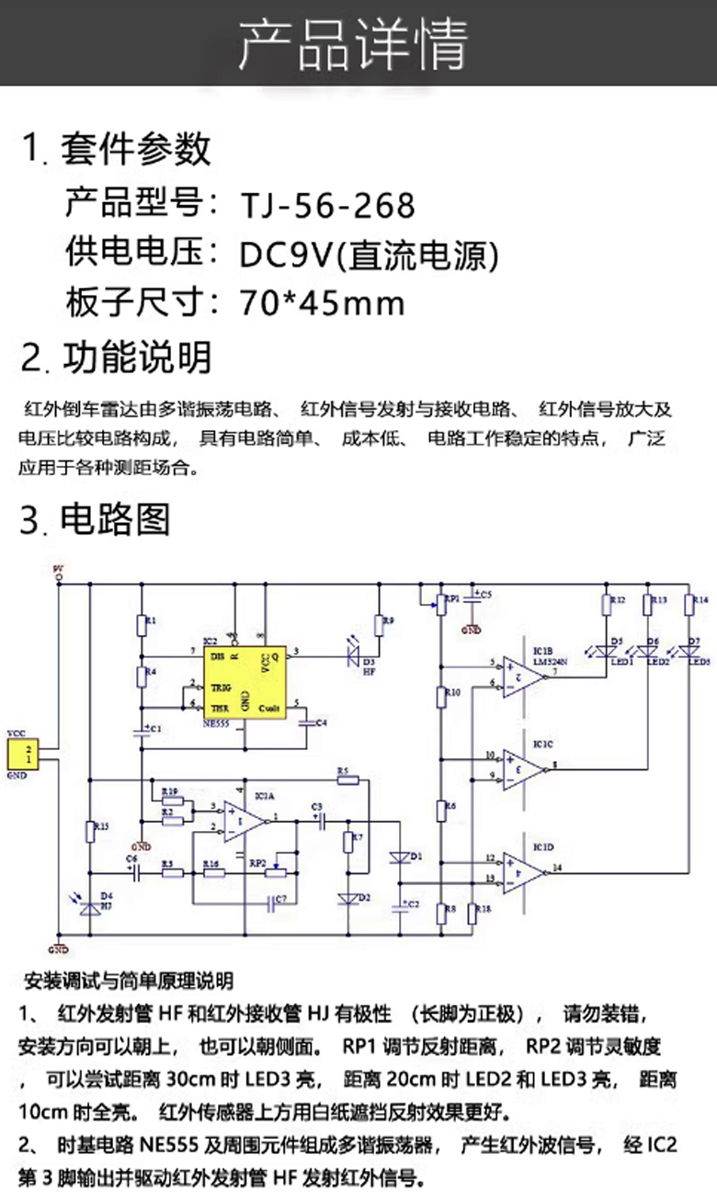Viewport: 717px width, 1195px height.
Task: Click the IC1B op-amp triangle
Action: (x=522, y=677)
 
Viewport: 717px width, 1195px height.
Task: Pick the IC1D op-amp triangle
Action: (x=522, y=869)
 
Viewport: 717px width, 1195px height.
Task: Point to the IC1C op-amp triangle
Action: (x=522, y=767)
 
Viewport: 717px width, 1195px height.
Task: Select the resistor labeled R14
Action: (x=689, y=603)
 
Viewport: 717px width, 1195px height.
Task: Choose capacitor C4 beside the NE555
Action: (x=309, y=722)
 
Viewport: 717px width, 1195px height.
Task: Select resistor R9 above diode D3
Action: (x=378, y=625)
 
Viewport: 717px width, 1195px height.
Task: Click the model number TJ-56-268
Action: (x=327, y=205)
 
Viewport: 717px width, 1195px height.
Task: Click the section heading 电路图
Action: (x=116, y=520)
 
